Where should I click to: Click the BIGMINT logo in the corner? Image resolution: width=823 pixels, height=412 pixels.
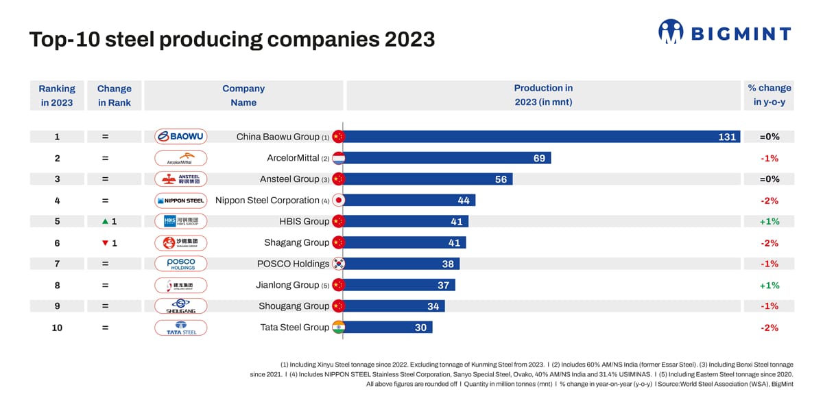(x=724, y=32)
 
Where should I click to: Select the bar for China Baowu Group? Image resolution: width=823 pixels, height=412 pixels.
(x=542, y=137)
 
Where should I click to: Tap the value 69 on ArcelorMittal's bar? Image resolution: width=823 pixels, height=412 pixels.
(x=539, y=158)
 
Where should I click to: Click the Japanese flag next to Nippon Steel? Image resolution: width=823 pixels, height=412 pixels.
(x=337, y=201)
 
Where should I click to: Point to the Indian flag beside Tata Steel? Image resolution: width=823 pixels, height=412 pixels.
(x=337, y=328)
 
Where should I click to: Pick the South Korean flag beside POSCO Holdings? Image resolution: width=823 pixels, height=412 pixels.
(x=337, y=264)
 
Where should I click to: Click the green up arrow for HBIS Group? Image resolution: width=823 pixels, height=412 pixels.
(x=105, y=222)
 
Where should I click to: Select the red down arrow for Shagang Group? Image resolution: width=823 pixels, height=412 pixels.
(x=105, y=243)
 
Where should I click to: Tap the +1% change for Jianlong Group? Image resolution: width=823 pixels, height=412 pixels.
(x=769, y=285)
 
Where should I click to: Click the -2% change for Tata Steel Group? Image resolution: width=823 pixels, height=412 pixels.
(x=769, y=328)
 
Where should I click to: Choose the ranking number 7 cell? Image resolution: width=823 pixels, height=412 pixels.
(x=57, y=264)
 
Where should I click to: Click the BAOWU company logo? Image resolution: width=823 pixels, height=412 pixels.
(x=180, y=137)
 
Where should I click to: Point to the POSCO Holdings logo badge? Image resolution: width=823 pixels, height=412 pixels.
(x=180, y=264)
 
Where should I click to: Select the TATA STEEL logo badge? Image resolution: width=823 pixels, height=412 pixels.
(x=180, y=328)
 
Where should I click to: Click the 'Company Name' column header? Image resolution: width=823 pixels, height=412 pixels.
(x=243, y=95)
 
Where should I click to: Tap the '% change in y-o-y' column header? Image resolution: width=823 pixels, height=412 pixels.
(x=769, y=95)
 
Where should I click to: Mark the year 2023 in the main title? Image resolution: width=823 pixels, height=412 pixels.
(x=409, y=39)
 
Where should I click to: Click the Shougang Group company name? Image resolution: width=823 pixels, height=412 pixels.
(x=294, y=306)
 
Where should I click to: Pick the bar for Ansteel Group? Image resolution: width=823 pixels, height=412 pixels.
(x=427, y=179)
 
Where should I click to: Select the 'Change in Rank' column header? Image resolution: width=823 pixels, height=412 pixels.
(x=114, y=95)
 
